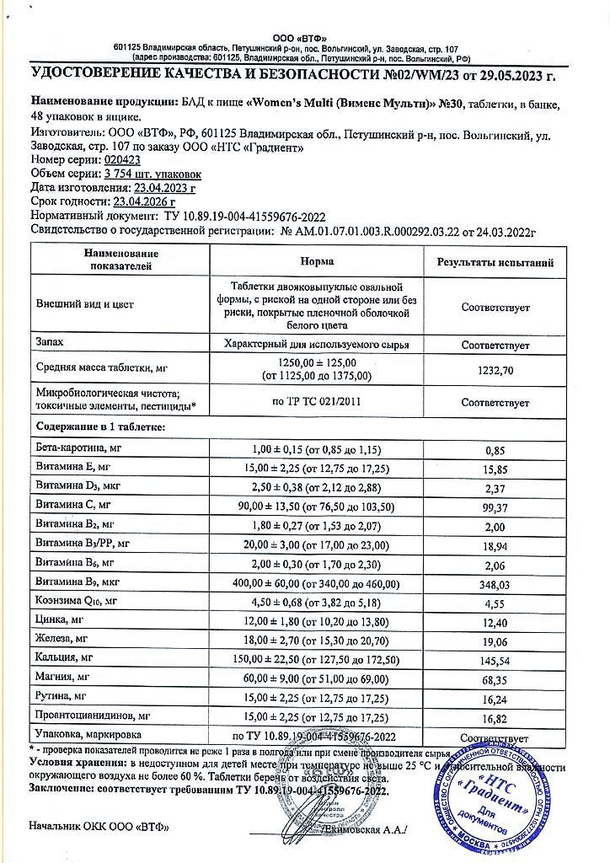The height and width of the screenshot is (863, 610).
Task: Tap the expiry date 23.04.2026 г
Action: pyautogui.click(x=143, y=201)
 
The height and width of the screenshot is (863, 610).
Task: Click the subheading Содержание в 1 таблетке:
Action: pyautogui.click(x=100, y=427)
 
